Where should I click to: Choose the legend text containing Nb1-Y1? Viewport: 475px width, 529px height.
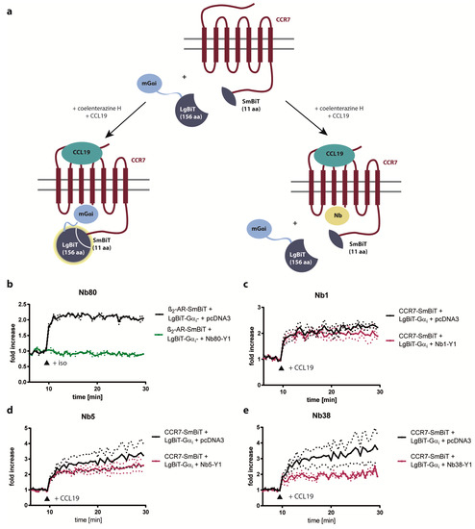[426, 341]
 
